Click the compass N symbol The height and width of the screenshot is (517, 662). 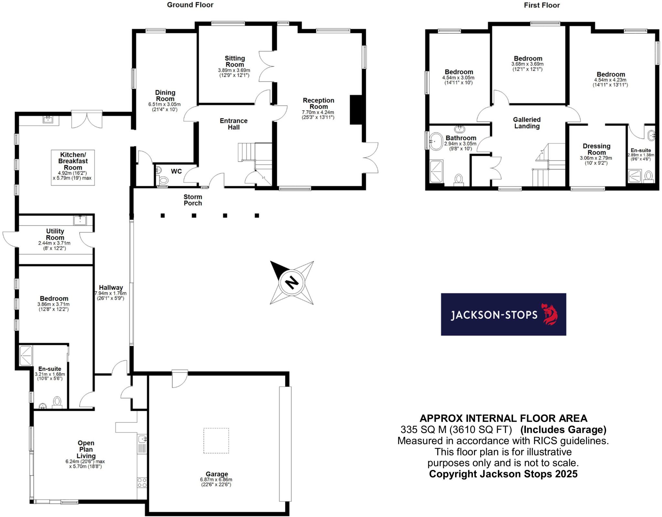(x=292, y=283)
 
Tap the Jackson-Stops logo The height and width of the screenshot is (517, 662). (x=503, y=314)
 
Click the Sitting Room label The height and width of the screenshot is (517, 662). (x=235, y=61)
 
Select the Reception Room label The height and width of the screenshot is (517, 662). (x=318, y=103)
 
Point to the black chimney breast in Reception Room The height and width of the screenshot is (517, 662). (x=356, y=110)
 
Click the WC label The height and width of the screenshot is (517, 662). (x=176, y=171)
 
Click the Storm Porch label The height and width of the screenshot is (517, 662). (x=193, y=200)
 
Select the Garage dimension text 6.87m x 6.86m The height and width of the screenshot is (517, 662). (x=216, y=479)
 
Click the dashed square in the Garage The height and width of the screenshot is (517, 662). (x=216, y=441)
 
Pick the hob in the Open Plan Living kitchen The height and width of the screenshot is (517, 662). (x=142, y=483)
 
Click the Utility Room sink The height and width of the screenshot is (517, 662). (x=79, y=220)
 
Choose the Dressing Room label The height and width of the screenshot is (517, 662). (x=596, y=149)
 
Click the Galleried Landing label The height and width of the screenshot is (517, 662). (x=527, y=123)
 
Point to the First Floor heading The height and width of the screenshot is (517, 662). (x=542, y=5)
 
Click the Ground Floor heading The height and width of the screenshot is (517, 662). (x=190, y=5)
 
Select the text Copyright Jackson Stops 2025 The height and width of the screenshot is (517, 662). (x=503, y=474)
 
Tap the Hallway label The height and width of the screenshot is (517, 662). (x=111, y=287)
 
